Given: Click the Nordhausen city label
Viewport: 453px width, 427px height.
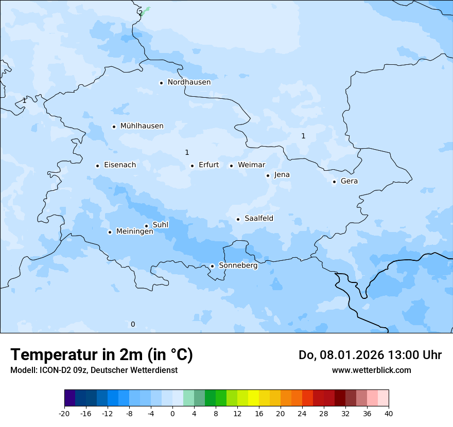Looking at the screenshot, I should click(x=189, y=82).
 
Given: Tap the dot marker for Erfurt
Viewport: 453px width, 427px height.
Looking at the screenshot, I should click(x=192, y=166).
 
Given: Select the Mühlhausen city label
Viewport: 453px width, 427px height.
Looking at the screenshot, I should click(x=142, y=126).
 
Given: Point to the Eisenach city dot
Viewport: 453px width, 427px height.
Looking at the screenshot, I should click(x=97, y=166).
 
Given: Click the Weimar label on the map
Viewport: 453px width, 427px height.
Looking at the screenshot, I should click(x=251, y=165).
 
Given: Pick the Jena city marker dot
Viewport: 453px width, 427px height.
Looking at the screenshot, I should click(x=268, y=175).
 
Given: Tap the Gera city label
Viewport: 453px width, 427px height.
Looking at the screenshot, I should click(x=349, y=181).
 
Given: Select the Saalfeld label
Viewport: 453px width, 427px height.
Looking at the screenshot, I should click(x=259, y=219).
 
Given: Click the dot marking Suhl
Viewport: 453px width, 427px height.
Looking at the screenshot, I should click(x=146, y=226).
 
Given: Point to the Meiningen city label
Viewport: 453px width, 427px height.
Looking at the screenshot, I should click(x=134, y=232).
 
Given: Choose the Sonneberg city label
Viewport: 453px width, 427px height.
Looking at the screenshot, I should click(x=238, y=266).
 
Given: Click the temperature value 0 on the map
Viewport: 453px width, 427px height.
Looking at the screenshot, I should click(x=133, y=324).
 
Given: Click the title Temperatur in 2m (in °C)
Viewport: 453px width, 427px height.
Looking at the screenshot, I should click(x=101, y=354).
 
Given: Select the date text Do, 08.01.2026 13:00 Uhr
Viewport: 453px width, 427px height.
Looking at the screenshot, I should click(x=370, y=355).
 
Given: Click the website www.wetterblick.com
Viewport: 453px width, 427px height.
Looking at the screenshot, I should click(x=371, y=370).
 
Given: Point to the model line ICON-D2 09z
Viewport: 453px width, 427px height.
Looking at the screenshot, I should click(x=94, y=370).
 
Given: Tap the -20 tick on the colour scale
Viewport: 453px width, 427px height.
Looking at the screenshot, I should click(x=64, y=413).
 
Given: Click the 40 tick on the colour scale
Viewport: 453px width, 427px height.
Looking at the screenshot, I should click(x=388, y=413).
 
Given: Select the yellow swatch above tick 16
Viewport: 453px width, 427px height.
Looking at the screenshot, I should click(x=253, y=398).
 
